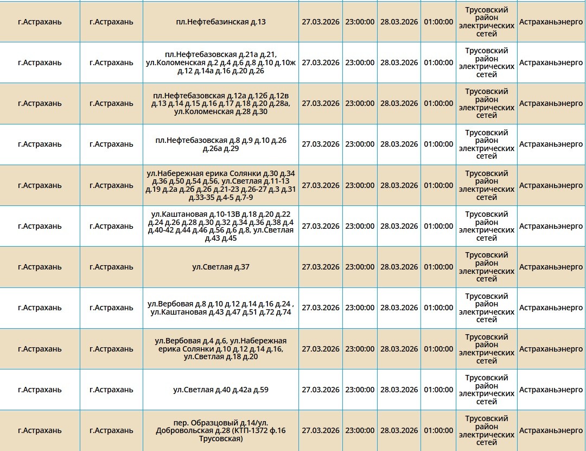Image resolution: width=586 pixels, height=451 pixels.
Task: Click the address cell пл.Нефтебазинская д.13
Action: tap(221, 22)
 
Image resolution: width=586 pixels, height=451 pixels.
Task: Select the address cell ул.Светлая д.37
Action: tap(221, 267)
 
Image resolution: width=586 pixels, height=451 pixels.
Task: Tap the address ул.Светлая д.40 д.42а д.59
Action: tap(221, 390)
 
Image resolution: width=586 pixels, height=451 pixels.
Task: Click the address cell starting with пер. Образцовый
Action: tap(221, 430)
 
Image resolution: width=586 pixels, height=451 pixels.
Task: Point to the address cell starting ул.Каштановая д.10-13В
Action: tap(221, 226)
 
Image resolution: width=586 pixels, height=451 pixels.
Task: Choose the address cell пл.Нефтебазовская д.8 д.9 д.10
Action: tap(221, 144)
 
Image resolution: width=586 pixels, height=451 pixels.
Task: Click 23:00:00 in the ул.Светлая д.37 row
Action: tap(360, 267)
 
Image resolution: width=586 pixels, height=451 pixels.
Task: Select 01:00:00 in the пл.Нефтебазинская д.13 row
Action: tap(438, 22)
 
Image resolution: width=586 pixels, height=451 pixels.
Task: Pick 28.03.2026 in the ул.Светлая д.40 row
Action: tap(399, 390)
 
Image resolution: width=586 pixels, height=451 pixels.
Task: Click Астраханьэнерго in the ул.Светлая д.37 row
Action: tap(551, 267)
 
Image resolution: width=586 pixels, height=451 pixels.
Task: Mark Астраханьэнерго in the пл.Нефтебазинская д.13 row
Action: tap(551, 22)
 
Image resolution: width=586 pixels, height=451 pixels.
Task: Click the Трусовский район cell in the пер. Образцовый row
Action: tap(486, 430)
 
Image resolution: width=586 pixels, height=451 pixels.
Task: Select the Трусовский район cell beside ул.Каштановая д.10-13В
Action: tap(486, 226)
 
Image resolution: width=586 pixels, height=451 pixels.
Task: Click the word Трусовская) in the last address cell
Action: tap(221, 439)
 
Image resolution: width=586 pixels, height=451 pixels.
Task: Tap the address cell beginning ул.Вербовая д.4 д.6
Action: tap(221, 349)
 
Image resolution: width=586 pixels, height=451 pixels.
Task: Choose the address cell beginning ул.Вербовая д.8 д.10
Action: tap(221, 308)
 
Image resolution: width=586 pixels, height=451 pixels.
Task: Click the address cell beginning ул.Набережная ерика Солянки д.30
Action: tap(221, 185)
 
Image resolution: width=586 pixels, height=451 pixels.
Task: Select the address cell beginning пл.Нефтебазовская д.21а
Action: tap(221, 62)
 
